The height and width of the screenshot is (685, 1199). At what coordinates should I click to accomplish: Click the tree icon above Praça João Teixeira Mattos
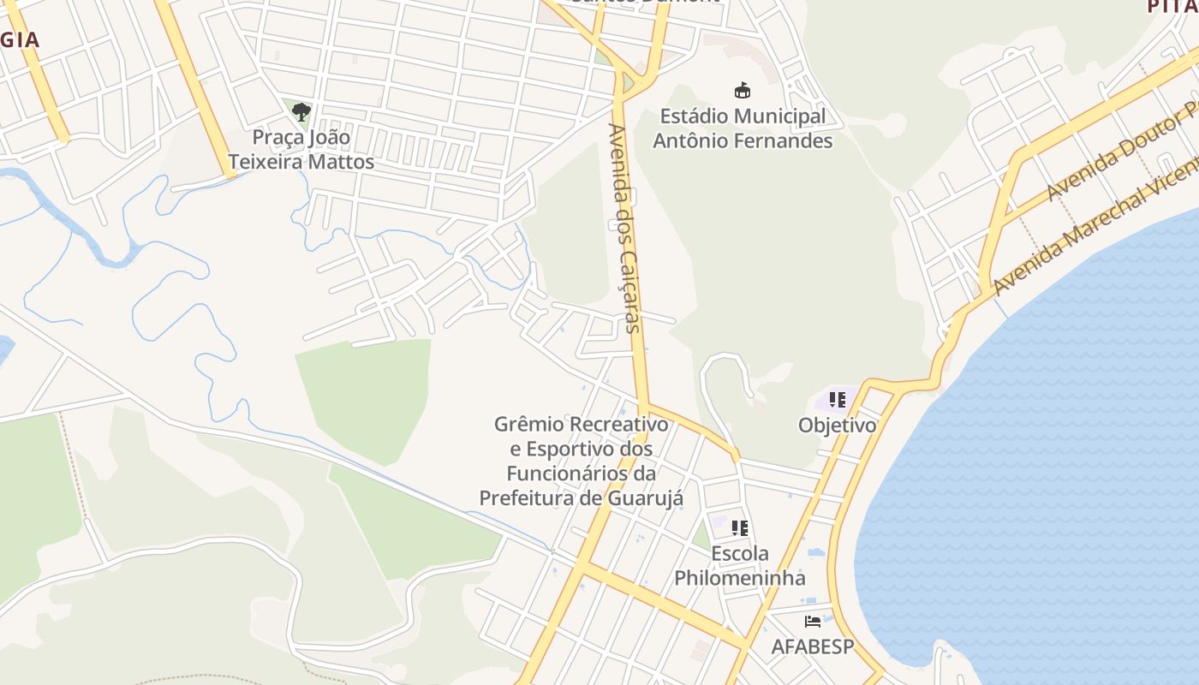coord(301,111)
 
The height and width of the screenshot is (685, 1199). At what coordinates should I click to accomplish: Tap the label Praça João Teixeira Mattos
coord(301,149)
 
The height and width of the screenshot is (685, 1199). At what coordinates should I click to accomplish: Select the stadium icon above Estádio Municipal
coord(743,90)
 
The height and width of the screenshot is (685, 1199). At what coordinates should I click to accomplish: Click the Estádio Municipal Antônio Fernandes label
coord(743,128)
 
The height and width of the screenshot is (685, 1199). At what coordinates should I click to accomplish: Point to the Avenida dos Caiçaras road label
coord(624,227)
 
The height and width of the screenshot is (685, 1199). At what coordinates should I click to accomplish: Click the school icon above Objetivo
coord(838,400)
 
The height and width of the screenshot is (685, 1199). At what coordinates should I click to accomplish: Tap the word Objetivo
coord(838,425)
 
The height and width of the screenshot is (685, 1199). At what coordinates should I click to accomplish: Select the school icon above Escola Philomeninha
coord(740,527)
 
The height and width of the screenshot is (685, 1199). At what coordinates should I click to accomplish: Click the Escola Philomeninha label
coord(740,565)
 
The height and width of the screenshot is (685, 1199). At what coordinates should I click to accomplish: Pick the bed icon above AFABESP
coord(813,622)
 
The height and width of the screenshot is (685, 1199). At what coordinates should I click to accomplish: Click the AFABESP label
coord(813,646)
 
